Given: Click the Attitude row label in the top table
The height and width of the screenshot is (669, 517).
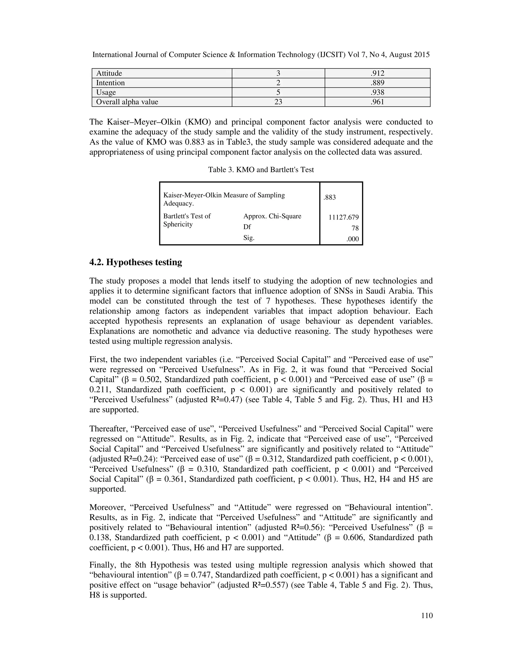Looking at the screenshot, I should [x=109, y=73].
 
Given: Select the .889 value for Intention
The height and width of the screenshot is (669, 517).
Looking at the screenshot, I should [x=377, y=83].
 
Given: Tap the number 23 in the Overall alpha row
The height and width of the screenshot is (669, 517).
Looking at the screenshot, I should [x=278, y=102].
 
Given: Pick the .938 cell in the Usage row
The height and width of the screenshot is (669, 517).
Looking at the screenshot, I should [x=377, y=92].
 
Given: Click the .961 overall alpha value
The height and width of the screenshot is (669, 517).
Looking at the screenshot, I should [x=377, y=102].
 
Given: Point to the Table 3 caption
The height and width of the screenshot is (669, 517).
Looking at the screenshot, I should [x=261, y=170].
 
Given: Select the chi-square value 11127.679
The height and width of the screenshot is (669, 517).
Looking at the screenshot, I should [x=343, y=217].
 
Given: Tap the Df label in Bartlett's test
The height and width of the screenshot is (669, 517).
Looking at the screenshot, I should [x=247, y=227].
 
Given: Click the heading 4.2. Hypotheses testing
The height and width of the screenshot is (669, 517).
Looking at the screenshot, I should [x=136, y=262].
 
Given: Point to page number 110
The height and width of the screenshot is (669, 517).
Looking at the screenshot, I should [x=427, y=616].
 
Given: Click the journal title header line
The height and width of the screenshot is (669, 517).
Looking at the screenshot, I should [x=261, y=55].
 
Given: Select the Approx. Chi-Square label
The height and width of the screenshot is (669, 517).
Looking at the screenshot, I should [x=272, y=216].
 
